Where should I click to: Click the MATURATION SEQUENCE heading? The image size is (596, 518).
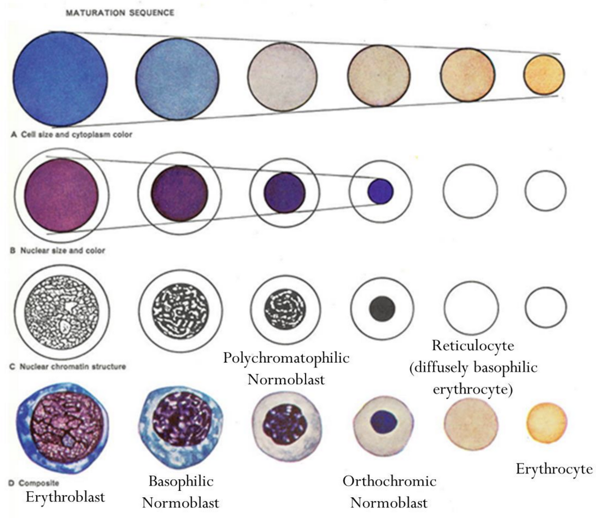coord(120,12)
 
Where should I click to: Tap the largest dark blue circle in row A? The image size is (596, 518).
coord(60,79)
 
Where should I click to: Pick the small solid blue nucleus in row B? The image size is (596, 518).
coord(381,191)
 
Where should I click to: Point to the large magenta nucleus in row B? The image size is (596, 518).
coord(61,193)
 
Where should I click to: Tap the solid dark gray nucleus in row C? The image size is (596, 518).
coord(382,308)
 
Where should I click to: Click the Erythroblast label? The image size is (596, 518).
coord(66,497)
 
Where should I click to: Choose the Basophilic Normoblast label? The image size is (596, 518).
coord(181,491)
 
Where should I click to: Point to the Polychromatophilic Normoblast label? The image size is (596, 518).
coord(286,368)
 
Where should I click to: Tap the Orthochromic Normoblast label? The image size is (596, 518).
coord(389,491)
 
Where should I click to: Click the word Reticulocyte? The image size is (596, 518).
coord(473,345)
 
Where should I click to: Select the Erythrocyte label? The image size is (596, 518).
coord(554,468)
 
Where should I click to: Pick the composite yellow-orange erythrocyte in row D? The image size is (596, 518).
coord(546,423)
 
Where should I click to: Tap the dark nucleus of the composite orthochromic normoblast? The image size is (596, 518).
coord(383,421)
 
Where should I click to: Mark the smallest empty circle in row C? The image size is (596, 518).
coord(546,307)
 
